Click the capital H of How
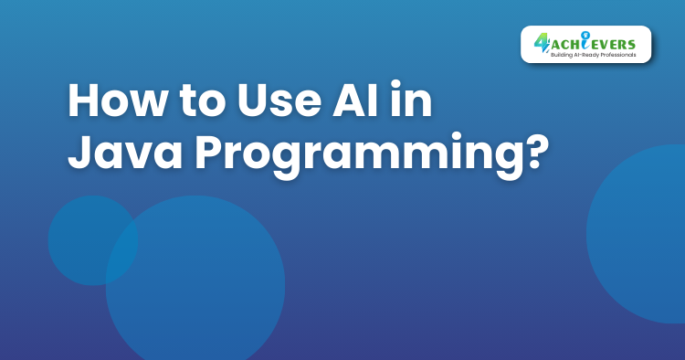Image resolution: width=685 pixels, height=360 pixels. (x=84, y=102)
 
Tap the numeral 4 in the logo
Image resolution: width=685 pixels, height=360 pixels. (x=541, y=42)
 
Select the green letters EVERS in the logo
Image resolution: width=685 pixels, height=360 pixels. (x=618, y=41)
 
